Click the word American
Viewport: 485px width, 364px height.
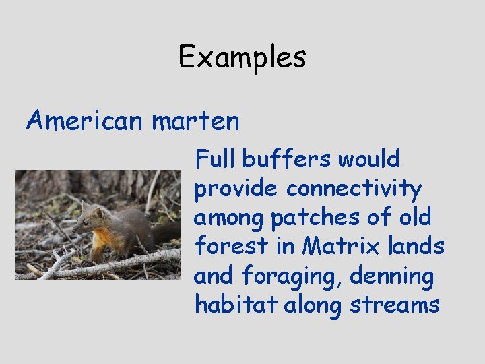click(x=84, y=121)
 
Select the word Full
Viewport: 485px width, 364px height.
click(x=214, y=159)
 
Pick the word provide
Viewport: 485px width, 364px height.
click(x=236, y=189)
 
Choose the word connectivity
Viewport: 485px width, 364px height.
click(x=354, y=189)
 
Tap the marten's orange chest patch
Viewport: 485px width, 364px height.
click(x=102, y=237)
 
